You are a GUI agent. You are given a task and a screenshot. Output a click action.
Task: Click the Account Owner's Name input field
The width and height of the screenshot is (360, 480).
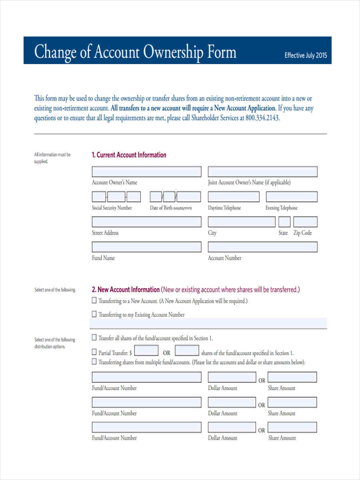[146, 172]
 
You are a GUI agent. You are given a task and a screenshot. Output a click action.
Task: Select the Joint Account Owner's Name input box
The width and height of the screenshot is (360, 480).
[262, 172]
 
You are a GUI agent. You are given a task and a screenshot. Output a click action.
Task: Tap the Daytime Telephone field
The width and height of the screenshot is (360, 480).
[234, 197]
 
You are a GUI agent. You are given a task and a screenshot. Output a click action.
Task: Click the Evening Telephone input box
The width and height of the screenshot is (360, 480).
[292, 197]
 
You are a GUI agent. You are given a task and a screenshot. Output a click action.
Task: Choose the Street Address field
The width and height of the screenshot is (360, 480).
[146, 222]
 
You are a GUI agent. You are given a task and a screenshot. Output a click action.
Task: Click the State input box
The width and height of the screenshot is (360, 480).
[284, 222]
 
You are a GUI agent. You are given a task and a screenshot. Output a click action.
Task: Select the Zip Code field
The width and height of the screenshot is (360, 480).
[305, 222]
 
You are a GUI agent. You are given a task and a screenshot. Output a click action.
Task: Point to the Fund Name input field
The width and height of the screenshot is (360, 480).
[146, 247]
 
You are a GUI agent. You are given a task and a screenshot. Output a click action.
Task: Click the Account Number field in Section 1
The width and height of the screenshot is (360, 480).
[262, 247]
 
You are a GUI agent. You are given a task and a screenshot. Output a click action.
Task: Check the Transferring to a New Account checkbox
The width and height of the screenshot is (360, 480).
[94, 300]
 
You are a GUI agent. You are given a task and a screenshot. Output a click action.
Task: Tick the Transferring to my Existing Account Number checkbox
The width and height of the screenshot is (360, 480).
[94, 314]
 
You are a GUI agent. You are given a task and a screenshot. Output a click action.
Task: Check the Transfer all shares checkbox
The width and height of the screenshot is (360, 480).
[94, 337]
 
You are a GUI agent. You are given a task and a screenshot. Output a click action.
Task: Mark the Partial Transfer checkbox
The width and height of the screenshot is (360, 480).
[94, 352]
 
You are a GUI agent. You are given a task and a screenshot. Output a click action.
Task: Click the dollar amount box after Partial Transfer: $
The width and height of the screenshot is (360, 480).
[146, 351]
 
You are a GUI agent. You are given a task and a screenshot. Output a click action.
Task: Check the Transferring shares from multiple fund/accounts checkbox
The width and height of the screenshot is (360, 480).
[94, 362]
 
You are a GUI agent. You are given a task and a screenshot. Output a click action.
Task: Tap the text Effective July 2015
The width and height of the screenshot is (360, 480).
[306, 56]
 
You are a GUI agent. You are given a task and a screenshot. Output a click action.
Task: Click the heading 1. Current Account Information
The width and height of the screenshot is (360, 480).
[129, 155]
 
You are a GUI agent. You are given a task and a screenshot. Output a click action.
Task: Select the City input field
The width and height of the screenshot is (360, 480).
[241, 222]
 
